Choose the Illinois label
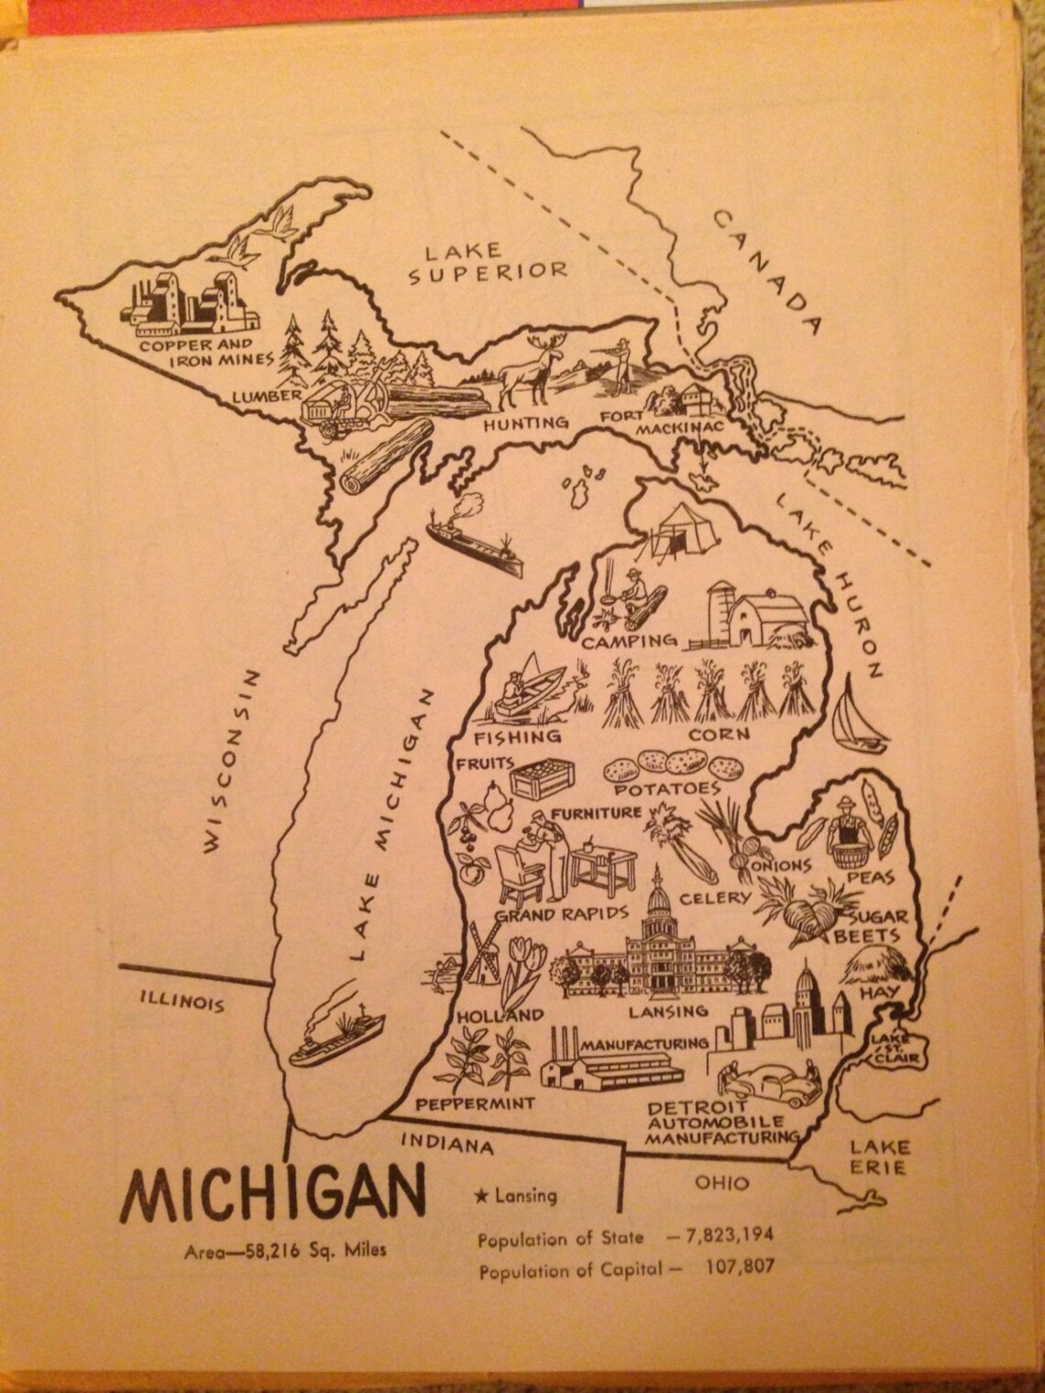click(181, 1000)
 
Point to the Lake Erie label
click(878, 1157)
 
